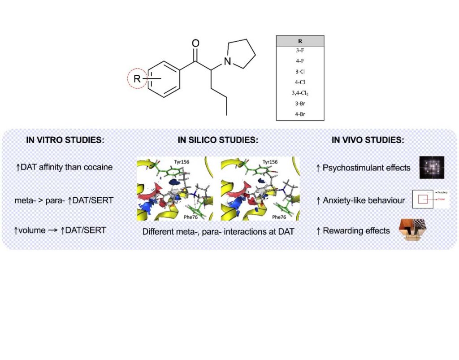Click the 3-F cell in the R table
[300, 50]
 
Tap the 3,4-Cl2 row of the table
[300, 93]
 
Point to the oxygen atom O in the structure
[195, 43]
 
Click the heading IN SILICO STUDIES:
[218, 140]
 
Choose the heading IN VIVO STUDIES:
[368, 140]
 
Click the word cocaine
[96, 168]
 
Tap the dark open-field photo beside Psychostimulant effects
[432, 167]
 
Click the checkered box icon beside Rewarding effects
[412, 230]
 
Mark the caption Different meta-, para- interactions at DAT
[218, 232]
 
